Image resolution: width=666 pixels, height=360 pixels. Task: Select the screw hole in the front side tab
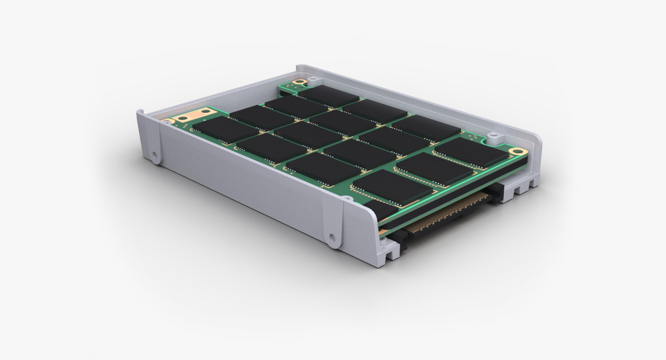click(x=332, y=237)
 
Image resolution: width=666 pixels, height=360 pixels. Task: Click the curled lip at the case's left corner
click(x=140, y=113)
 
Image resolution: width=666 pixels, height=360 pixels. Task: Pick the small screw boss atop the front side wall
click(x=345, y=198)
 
